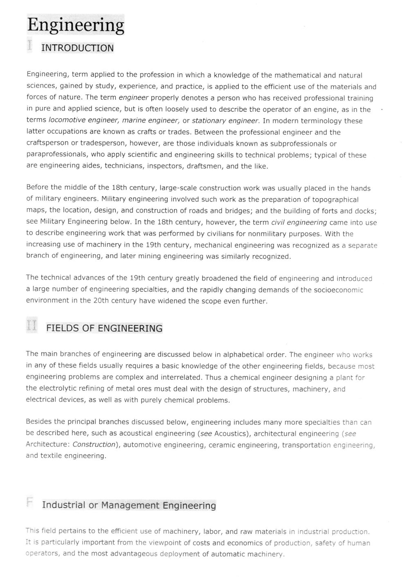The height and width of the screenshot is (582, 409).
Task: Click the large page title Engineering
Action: click(x=76, y=25)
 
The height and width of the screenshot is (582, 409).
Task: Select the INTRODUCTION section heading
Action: click(x=77, y=48)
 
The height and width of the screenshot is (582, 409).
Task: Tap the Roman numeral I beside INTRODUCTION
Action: click(x=29, y=45)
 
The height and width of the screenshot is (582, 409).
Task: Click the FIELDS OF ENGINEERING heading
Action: click(x=104, y=328)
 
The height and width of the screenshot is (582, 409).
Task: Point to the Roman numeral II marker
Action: click(x=31, y=326)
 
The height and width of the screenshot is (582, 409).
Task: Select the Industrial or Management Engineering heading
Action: click(x=129, y=505)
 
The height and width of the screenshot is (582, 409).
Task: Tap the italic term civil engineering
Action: click(x=299, y=223)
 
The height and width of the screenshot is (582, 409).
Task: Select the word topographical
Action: click(x=335, y=200)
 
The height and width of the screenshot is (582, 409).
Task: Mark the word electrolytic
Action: click(x=57, y=389)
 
